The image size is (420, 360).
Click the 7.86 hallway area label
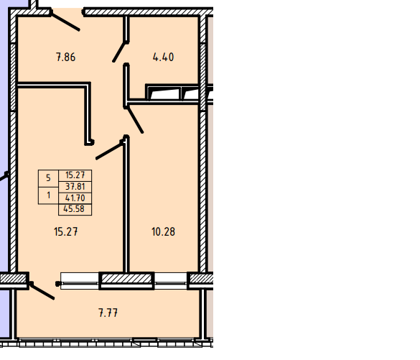(x=66, y=57)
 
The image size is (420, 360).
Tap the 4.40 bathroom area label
(x=163, y=57)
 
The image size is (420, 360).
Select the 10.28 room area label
(x=163, y=231)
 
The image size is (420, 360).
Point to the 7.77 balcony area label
(x=108, y=313)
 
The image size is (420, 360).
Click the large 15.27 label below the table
(x=66, y=231)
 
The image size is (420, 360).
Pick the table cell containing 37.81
(x=75, y=187)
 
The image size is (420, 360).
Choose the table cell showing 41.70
(x=75, y=198)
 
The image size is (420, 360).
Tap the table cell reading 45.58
(x=75, y=209)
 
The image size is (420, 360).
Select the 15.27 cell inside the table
(x=75, y=175)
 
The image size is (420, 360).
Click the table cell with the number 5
(x=48, y=178)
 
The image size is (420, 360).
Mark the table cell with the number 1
(x=48, y=195)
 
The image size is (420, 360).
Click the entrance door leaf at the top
(x=65, y=21)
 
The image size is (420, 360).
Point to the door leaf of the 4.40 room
(x=119, y=52)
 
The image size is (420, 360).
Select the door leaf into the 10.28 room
(x=135, y=120)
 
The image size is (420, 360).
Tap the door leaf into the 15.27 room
(x=110, y=150)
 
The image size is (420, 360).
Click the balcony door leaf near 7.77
(x=42, y=290)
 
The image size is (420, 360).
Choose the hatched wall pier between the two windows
(x=126, y=281)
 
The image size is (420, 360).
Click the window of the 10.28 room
(x=171, y=281)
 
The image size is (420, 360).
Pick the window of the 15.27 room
(x=80, y=281)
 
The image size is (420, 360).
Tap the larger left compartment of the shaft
(x=164, y=93)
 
